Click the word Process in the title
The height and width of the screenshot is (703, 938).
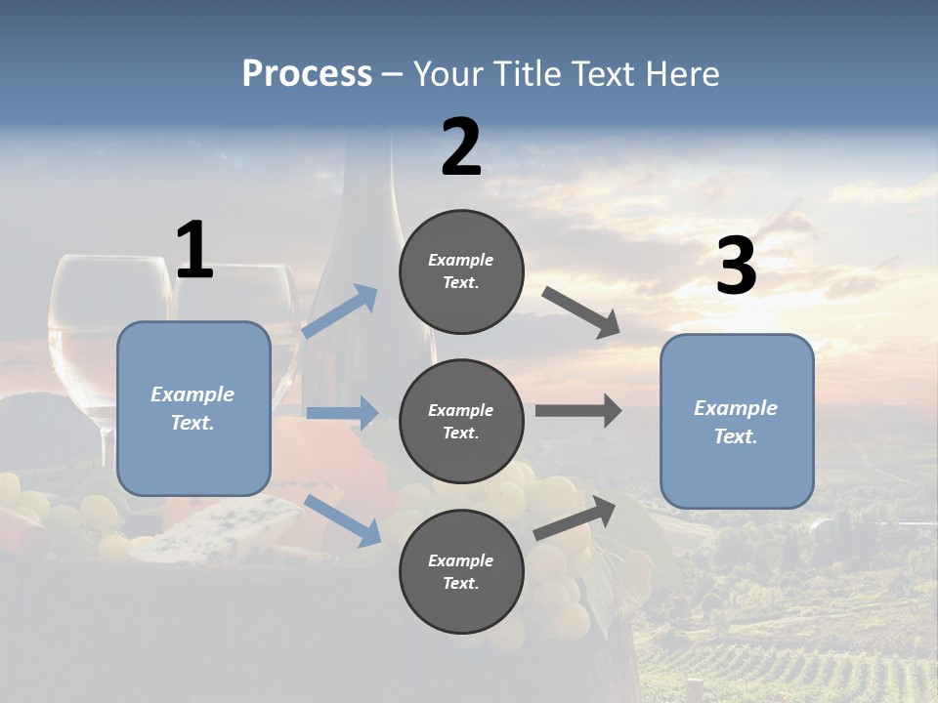(x=307, y=73)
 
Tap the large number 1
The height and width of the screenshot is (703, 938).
(x=194, y=251)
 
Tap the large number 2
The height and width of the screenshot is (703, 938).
(x=461, y=147)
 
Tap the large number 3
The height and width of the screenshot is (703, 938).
(x=736, y=267)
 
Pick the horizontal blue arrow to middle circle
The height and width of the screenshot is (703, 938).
(x=342, y=413)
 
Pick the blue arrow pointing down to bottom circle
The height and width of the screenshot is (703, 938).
(x=342, y=518)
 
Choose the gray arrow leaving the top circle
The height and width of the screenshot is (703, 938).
(x=581, y=311)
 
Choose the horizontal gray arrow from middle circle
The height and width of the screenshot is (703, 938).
(x=577, y=411)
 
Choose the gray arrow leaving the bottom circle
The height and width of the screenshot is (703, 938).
(x=576, y=517)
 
